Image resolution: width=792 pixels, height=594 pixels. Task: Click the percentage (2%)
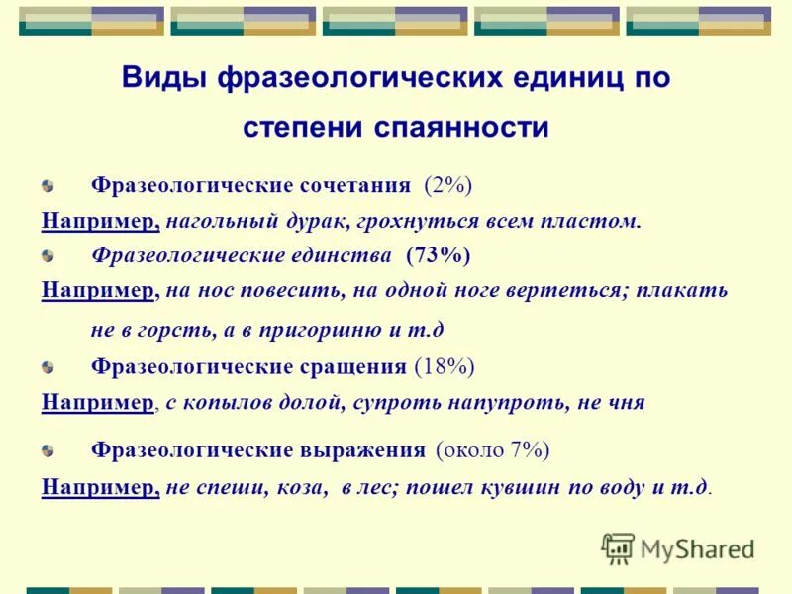pos(448,185)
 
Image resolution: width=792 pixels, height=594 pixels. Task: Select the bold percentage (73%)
pos(438,255)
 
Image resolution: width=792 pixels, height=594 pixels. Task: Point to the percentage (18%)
pos(445,367)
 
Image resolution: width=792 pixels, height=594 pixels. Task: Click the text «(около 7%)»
pos(492,450)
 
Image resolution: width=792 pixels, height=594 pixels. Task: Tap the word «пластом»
pos(594,220)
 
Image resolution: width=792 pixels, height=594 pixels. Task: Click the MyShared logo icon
pos(618,547)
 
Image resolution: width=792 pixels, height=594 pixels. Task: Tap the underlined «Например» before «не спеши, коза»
pos(101,487)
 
